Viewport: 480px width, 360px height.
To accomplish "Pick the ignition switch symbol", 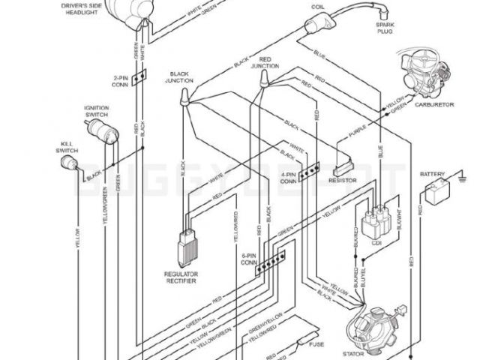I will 98,135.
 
